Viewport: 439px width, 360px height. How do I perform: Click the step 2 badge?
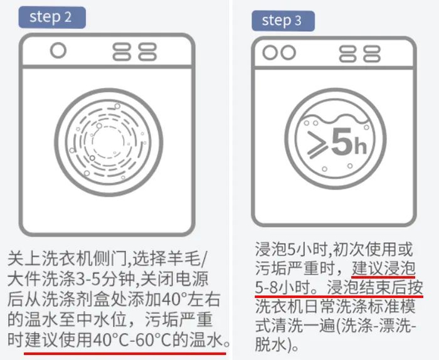tap(52, 18)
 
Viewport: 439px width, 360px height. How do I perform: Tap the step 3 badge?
tap(283, 21)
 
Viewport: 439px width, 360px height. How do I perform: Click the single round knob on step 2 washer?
tap(58, 50)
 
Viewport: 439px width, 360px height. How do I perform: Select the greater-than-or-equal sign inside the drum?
tap(317, 143)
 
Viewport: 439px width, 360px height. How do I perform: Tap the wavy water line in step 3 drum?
tap(336, 118)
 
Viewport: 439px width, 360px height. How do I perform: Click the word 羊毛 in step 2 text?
tap(184, 259)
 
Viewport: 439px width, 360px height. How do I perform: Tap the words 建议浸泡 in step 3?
tap(383, 268)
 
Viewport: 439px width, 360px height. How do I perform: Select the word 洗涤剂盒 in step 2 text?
tap(76, 299)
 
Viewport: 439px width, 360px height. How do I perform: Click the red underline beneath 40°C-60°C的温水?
tap(125, 354)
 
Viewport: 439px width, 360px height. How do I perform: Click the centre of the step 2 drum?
tap(108, 142)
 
